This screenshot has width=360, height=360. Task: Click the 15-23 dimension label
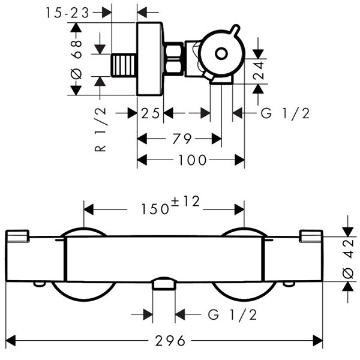[x=67, y=13]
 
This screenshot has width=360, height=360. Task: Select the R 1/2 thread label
[x=100, y=130]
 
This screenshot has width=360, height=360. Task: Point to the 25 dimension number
[x=150, y=113]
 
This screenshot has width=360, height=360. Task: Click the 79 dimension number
[x=182, y=139]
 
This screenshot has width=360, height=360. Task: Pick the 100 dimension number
[x=193, y=160]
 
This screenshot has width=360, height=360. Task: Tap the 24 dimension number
[x=259, y=70]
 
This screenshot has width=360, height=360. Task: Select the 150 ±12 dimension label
[x=170, y=205]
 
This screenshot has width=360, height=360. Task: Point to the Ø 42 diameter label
[x=348, y=259]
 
